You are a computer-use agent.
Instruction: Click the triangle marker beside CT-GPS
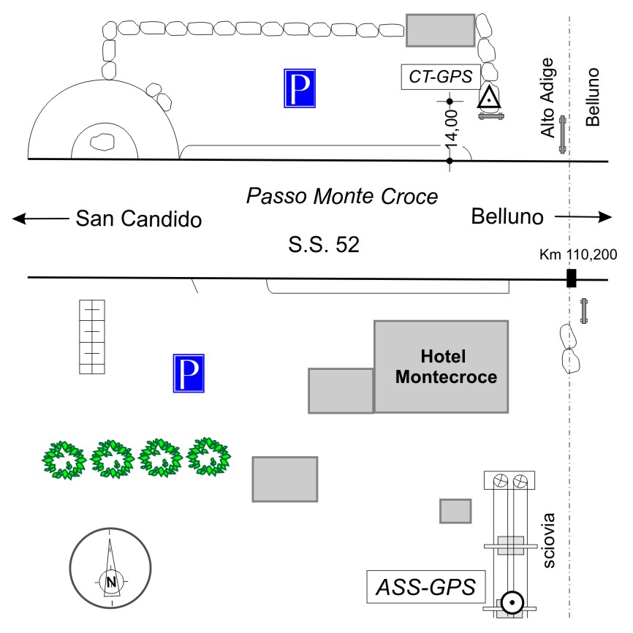pos(489,97)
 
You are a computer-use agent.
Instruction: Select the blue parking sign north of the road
pos(300,88)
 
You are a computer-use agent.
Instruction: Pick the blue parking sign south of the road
pos(189,374)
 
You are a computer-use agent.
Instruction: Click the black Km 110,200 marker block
pos(572,278)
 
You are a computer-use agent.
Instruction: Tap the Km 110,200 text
pos(578,255)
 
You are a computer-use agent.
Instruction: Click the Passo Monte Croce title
pos(342,197)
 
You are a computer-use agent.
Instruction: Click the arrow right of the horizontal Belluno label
pos(583,217)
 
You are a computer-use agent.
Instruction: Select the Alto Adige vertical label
pos(549,99)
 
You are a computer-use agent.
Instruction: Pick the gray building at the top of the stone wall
pos(440,30)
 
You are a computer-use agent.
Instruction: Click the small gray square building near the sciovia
pos(455,510)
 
